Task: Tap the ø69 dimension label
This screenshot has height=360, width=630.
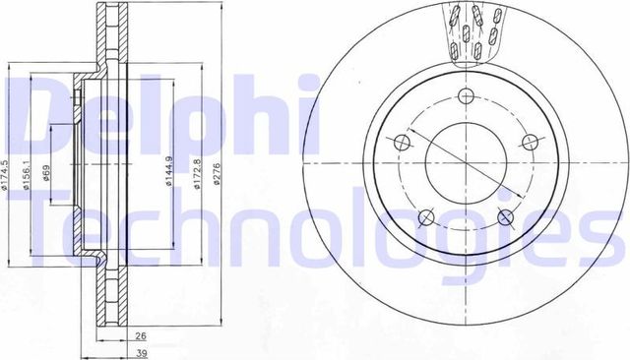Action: pos(48,174)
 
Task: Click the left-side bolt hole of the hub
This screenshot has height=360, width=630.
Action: pos(401,144)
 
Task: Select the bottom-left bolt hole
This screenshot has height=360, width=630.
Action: pos(424,217)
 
